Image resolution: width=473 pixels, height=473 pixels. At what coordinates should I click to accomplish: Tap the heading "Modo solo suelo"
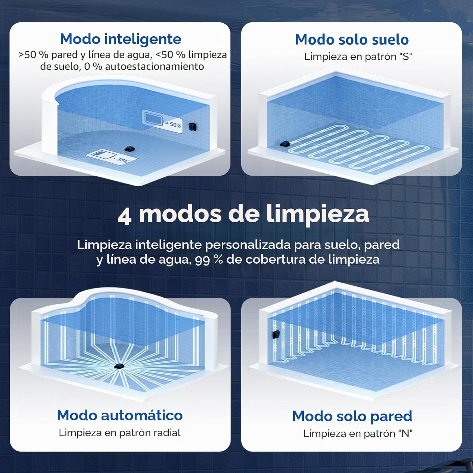(352, 40)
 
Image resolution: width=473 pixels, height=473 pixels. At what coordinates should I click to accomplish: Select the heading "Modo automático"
(120, 415)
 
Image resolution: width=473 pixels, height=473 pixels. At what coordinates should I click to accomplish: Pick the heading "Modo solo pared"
(352, 417)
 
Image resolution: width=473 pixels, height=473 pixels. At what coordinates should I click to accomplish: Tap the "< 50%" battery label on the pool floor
(121, 159)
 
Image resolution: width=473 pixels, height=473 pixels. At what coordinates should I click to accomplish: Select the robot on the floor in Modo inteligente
(130, 148)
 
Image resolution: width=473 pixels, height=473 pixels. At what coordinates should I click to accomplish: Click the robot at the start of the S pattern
(285, 144)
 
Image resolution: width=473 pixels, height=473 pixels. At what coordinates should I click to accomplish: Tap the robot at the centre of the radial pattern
(119, 366)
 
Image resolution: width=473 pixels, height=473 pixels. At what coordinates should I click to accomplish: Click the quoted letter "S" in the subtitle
(406, 57)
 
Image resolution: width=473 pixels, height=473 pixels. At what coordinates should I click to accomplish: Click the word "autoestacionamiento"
(155, 67)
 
